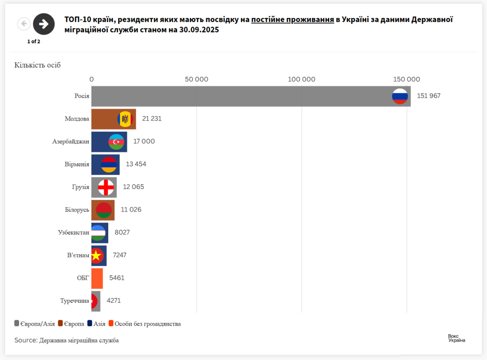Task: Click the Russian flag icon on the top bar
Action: pyautogui.click(x=400, y=96)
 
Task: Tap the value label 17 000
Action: pyautogui.click(x=144, y=142)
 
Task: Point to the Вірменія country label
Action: pyautogui.click(x=77, y=164)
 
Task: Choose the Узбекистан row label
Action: pyautogui.click(x=74, y=233)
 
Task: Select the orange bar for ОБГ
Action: pyautogui.click(x=97, y=278)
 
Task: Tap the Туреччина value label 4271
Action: pyautogui.click(x=114, y=300)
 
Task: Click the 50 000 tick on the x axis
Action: pyautogui.click(x=197, y=79)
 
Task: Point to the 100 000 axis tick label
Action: pyautogui.click(x=302, y=79)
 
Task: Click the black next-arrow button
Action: pyautogui.click(x=44, y=24)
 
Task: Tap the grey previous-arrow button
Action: pyautogui.click(x=24, y=23)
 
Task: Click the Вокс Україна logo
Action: pyautogui.click(x=456, y=338)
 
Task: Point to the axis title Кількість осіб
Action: pyautogui.click(x=37, y=65)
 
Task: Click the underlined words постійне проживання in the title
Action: pyautogui.click(x=293, y=20)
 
